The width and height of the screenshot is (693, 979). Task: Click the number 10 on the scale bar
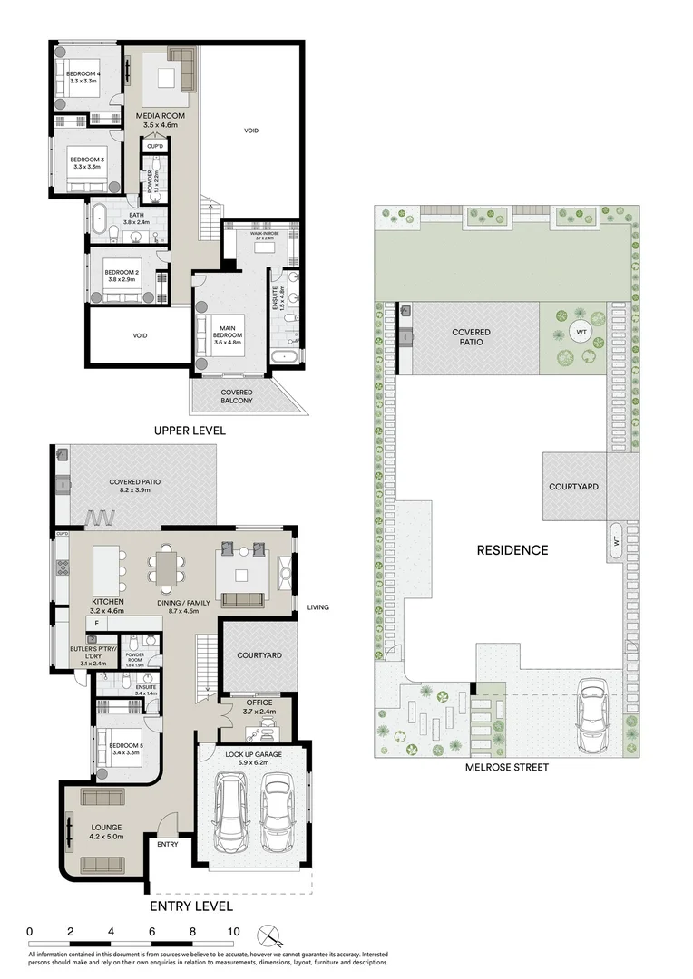pos(233,931)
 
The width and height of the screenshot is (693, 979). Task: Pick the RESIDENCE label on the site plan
pos(512,550)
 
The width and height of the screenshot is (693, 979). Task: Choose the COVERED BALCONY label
pos(237,396)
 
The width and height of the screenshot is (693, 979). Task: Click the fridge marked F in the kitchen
pos(95,624)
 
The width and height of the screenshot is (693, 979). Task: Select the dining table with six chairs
pos(169,570)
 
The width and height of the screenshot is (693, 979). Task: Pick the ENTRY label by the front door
pos(168,845)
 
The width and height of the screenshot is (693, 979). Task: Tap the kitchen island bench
pos(107,569)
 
